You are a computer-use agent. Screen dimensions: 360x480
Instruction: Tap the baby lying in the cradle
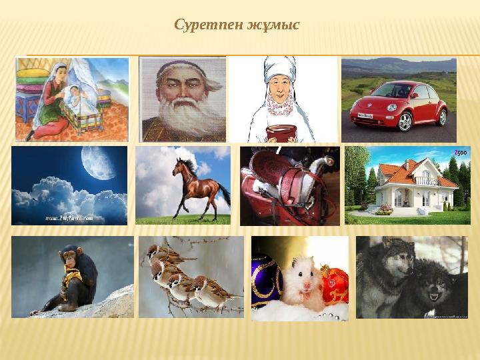point(81,103)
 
